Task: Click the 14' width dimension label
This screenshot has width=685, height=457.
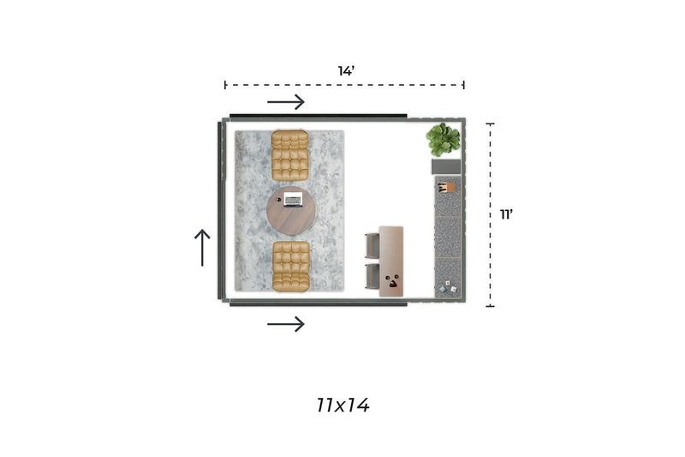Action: pos(346,71)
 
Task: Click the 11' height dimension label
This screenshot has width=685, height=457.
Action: pos(506,214)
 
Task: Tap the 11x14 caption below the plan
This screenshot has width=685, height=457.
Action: pos(343,406)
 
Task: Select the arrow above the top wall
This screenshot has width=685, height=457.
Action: pos(286,102)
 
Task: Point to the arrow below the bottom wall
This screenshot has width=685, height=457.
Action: pos(286,324)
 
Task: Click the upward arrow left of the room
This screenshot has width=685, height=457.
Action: pos(202,248)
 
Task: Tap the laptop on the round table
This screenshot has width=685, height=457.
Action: pos(293,200)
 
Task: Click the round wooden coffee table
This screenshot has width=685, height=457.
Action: pos(291,211)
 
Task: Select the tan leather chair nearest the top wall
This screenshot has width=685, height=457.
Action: pos(290,155)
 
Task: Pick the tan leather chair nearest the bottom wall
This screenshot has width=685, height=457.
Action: pos(291,266)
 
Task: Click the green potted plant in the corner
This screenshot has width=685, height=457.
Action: pos(444,140)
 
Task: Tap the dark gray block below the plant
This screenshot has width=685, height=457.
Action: pos(446,166)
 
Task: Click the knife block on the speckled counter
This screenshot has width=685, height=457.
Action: pos(446,188)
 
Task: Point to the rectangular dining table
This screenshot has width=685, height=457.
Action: pos(391,262)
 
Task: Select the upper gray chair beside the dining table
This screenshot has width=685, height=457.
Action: pos(372,246)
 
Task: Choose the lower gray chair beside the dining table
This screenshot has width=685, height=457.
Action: pos(372,276)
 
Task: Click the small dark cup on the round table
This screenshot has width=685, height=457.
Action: pos(279,199)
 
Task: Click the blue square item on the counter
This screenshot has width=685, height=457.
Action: pos(443,289)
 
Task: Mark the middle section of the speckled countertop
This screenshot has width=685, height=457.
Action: pos(448,237)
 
